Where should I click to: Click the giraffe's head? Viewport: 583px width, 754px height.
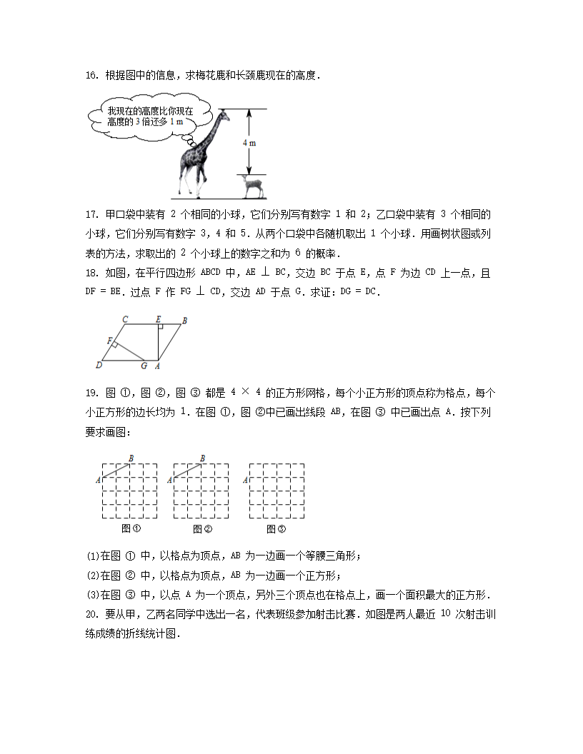pos(224,112)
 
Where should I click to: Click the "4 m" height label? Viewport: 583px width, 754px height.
pos(249,142)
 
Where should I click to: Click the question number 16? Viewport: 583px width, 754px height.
pos(91,75)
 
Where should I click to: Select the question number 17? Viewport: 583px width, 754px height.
pos(91,214)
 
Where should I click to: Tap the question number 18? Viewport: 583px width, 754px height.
pos(91,273)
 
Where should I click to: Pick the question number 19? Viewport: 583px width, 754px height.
pos(91,393)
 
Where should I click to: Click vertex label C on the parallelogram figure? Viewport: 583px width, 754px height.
pos(125,319)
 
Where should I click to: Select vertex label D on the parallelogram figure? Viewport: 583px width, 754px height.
pos(98,366)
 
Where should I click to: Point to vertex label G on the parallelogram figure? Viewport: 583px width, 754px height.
pos(144,366)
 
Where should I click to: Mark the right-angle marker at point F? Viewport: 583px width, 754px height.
pos(115,346)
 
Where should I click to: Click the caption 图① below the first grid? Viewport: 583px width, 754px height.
pos(130,529)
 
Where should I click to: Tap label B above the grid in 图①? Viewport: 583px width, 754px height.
pos(131,458)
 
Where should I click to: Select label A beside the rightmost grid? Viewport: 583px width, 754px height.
pos(245,481)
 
